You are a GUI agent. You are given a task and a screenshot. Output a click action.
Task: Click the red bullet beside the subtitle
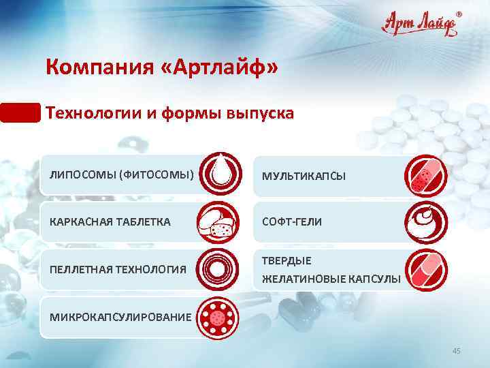(20, 112)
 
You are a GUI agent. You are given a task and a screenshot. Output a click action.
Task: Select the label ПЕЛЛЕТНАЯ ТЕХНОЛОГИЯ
(118, 270)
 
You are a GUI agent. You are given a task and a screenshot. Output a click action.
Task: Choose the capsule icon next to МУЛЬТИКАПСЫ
(426, 174)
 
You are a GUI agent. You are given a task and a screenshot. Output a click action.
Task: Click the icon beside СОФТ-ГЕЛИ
(426, 222)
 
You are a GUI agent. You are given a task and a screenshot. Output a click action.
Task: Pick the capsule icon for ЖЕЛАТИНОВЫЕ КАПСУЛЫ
(426, 270)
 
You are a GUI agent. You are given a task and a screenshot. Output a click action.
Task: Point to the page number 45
(457, 350)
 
